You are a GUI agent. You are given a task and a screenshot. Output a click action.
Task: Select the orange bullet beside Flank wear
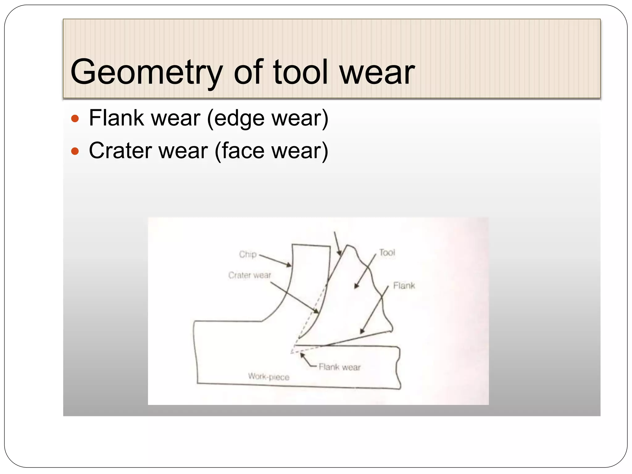pyautogui.click(x=75, y=118)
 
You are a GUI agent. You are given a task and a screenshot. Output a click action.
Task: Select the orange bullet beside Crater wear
pyautogui.click(x=75, y=151)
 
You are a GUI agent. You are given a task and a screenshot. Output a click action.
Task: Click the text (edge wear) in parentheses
pyautogui.click(x=267, y=118)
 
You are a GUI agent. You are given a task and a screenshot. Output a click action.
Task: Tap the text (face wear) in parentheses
pyautogui.click(x=271, y=151)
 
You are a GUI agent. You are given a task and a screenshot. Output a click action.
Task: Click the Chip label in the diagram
pyautogui.click(x=248, y=254)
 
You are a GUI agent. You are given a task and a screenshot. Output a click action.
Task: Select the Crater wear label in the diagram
pyautogui.click(x=249, y=275)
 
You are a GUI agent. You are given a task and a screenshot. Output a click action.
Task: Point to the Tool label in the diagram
pyautogui.click(x=387, y=252)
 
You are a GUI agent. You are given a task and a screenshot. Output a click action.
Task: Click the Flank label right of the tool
pyautogui.click(x=404, y=285)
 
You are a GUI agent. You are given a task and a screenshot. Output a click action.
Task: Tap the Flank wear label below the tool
pyautogui.click(x=339, y=367)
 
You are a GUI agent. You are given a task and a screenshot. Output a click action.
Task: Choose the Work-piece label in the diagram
pyautogui.click(x=268, y=376)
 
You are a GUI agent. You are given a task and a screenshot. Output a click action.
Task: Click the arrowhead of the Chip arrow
pyautogui.click(x=289, y=265)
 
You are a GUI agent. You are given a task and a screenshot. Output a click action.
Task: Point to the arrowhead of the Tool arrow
pyautogui.click(x=356, y=286)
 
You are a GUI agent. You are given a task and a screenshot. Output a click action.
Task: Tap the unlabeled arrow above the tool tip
pyautogui.click(x=337, y=244)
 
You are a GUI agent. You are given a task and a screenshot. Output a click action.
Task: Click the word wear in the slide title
pyautogui.click(x=377, y=73)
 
